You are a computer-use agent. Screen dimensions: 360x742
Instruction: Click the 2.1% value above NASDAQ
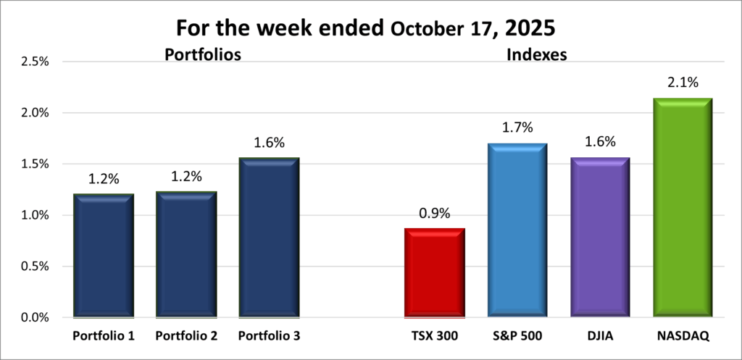point(682,83)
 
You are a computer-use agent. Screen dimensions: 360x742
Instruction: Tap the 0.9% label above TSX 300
point(434,214)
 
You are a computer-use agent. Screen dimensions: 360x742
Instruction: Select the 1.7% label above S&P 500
point(517,128)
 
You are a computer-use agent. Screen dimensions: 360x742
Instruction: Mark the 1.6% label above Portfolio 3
point(269,143)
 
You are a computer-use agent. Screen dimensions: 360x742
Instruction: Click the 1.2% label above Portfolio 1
point(104,179)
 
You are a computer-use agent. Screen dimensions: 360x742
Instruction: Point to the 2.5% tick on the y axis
point(33,62)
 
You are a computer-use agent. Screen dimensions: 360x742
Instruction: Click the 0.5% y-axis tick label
point(33,266)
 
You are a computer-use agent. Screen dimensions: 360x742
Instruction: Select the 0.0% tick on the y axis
point(33,317)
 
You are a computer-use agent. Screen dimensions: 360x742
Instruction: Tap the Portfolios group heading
point(202,54)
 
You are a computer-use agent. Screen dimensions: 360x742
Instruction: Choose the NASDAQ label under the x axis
point(682,337)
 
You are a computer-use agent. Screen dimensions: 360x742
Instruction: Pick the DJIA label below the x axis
point(599,337)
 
